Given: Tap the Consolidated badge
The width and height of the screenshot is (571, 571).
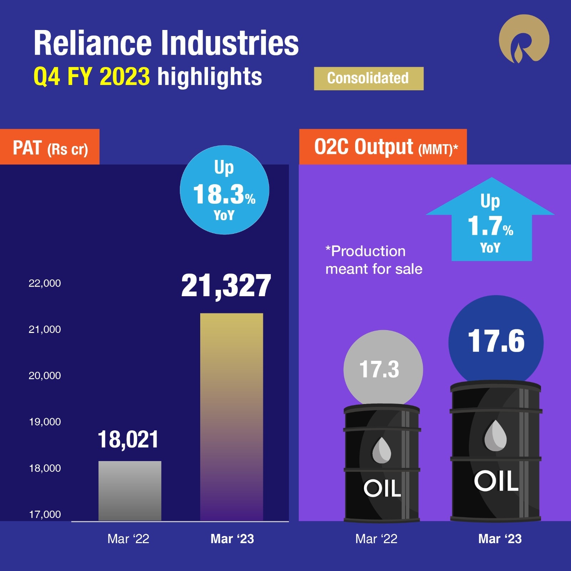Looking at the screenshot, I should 368,79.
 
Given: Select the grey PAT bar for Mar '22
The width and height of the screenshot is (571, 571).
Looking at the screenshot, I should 130,491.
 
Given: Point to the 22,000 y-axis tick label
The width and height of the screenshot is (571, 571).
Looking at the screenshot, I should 45,283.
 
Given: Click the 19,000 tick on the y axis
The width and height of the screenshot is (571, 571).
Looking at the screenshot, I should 45,422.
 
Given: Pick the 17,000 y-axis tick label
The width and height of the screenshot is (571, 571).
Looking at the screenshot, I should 45,514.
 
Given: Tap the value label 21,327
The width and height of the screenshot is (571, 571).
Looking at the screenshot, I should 226,285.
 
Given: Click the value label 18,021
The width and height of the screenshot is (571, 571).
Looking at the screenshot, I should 128,439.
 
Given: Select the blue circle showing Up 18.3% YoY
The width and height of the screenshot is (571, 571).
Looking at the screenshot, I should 224,190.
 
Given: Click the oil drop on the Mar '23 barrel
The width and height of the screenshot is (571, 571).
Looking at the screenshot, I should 495,436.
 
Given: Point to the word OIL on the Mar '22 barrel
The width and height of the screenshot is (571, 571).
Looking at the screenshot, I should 382,488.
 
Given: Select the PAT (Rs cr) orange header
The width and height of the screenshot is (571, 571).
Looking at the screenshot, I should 50,147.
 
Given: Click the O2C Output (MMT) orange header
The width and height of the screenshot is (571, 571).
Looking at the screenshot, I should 383,147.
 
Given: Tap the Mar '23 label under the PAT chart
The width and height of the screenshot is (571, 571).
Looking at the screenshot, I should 232,539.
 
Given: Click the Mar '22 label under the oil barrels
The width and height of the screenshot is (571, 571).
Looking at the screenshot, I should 376,539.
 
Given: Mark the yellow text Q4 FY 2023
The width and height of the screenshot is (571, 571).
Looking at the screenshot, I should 91,76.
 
